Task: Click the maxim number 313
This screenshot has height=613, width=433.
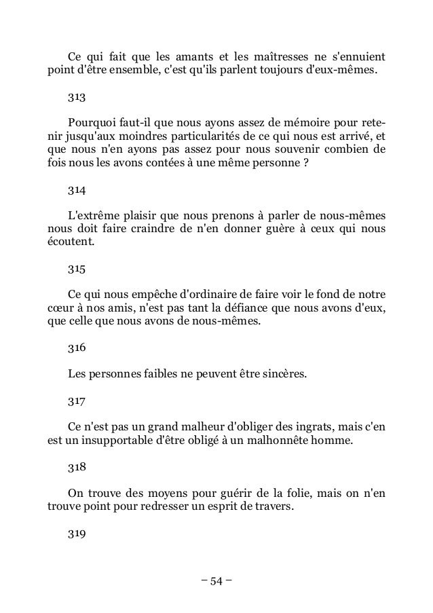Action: point(76,98)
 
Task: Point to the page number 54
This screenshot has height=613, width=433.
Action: point(216,581)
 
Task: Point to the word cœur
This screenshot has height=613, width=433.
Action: point(60,310)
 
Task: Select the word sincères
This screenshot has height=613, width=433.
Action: point(278,373)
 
